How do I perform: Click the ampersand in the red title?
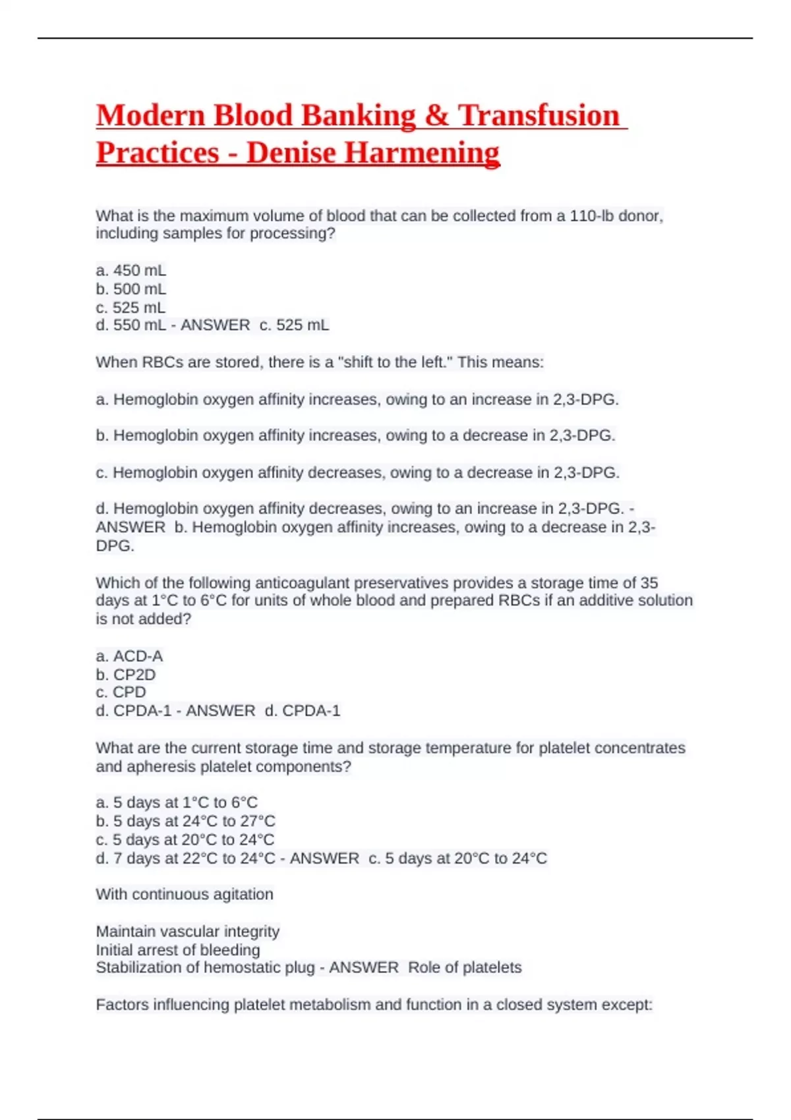(436, 116)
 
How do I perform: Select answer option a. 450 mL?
(131, 270)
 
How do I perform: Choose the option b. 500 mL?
(131, 289)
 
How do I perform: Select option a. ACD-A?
(129, 656)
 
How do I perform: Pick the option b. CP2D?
(126, 674)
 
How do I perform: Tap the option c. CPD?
(121, 692)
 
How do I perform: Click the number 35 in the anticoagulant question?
(649, 582)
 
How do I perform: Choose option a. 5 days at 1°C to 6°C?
(177, 802)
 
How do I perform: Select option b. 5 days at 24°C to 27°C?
(185, 821)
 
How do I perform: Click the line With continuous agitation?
(185, 894)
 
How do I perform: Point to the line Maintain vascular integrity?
(188, 931)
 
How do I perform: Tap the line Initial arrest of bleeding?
(178, 949)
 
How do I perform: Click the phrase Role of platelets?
(465, 967)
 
